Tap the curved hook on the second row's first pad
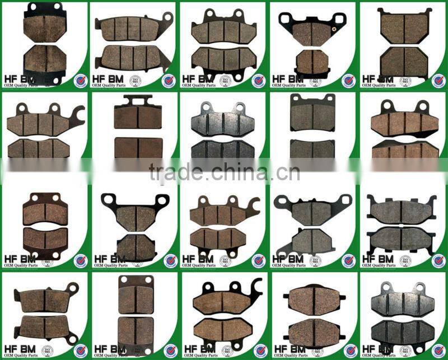click(x=79, y=115)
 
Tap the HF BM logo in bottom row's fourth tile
click(x=288, y=349)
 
